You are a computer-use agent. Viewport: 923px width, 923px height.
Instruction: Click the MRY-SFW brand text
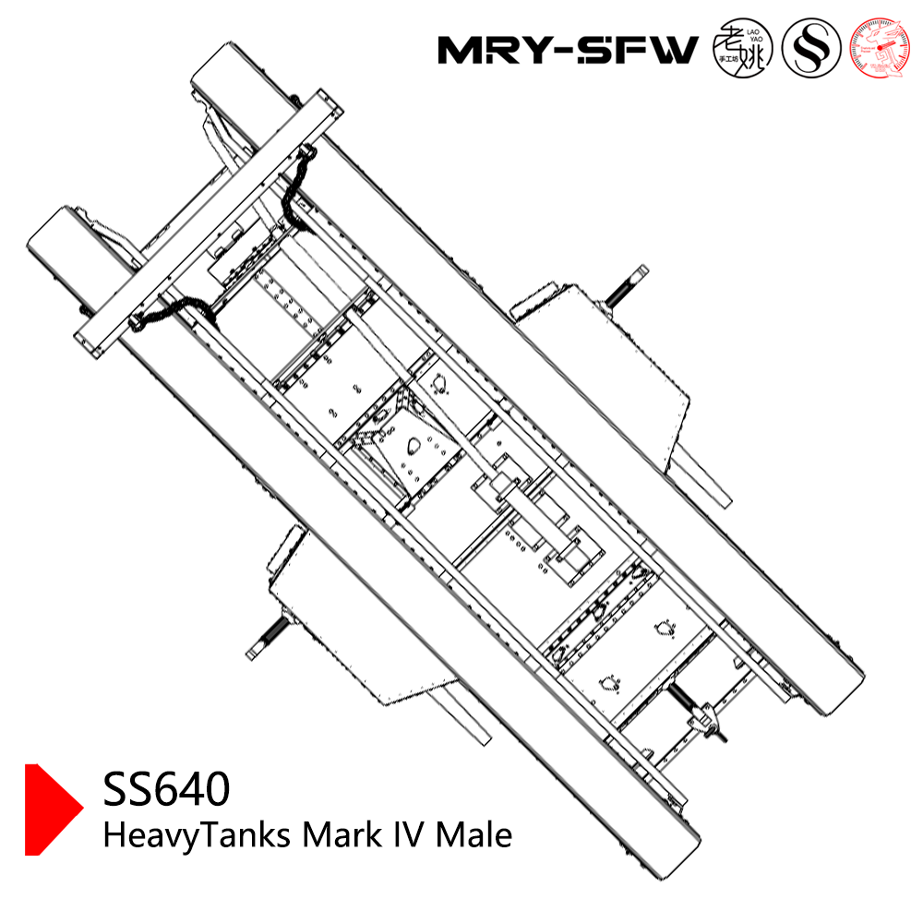pyautogui.click(x=567, y=50)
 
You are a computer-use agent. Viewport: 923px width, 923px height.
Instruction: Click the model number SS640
pyautogui.click(x=166, y=790)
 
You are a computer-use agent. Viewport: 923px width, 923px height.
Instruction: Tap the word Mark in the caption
pyautogui.click(x=340, y=835)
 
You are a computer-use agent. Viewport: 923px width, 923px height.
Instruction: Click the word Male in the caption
pyautogui.click(x=473, y=835)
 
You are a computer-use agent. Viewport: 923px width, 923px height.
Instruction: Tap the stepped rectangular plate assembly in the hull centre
pyautogui.click(x=545, y=526)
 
